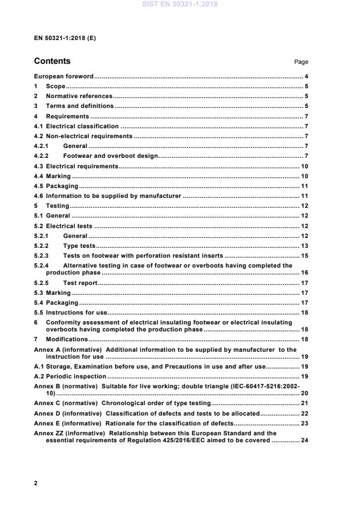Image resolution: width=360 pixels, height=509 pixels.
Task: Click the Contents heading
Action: (52, 61)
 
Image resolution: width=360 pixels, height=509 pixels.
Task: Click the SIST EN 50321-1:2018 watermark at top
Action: (180, 5)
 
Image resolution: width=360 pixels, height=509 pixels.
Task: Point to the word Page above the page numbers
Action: (301, 62)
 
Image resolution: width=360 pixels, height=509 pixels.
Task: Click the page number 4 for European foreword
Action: (306, 77)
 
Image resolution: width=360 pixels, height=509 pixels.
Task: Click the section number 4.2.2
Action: (42, 156)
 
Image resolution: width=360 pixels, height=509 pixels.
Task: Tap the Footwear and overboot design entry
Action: (110, 156)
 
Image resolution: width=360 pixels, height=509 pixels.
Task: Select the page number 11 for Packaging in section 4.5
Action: (304, 186)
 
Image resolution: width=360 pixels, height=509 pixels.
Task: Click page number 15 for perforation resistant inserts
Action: (304, 256)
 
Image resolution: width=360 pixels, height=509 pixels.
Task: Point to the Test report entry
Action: (80, 283)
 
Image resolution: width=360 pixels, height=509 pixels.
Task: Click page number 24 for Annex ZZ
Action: (304, 440)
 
